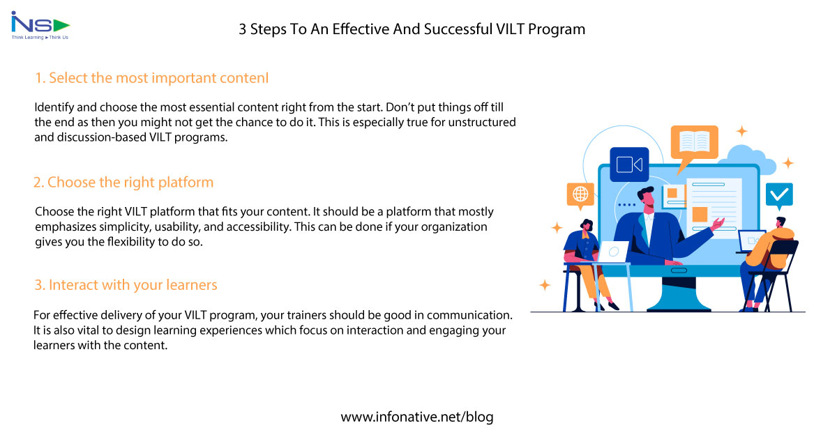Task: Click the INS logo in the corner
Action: click(40, 26)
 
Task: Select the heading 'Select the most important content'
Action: click(151, 78)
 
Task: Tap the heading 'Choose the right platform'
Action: click(123, 183)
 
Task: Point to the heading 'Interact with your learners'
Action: click(126, 285)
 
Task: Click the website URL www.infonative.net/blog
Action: click(417, 417)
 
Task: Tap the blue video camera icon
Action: click(629, 164)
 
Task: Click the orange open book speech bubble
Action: click(694, 142)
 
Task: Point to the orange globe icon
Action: click(580, 195)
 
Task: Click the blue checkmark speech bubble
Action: click(778, 194)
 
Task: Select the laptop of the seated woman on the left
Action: click(614, 250)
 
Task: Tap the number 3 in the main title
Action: click(243, 29)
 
